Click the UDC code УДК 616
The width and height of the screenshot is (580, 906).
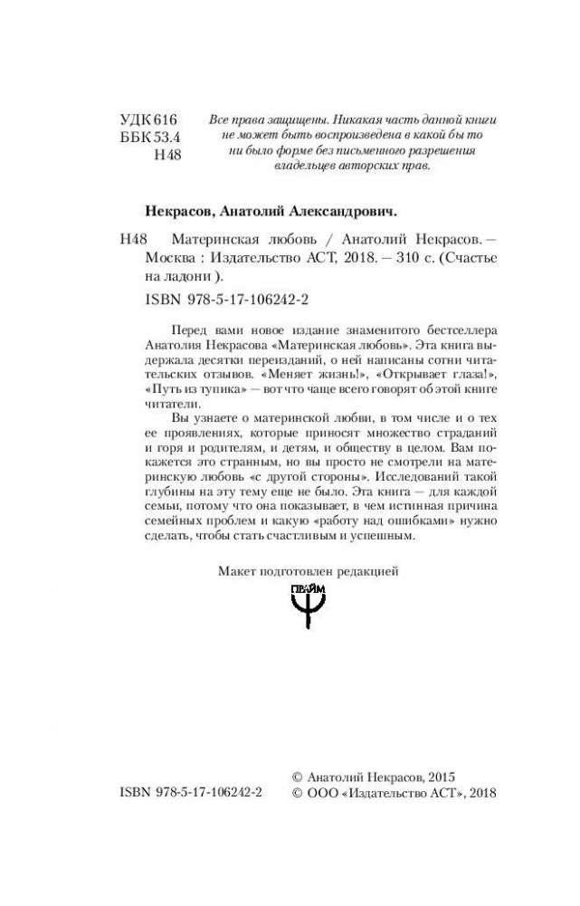tap(151, 120)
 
